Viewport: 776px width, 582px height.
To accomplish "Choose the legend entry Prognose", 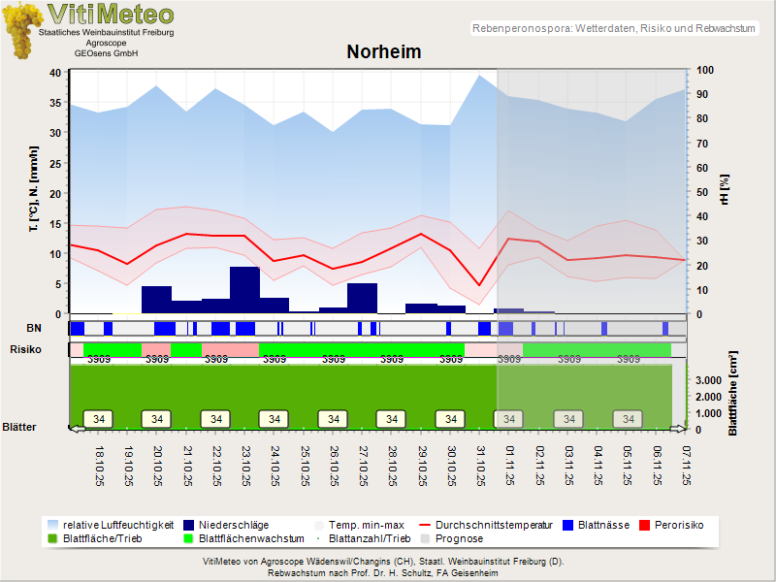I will pyautogui.click(x=459, y=538).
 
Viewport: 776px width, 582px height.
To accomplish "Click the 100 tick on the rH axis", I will pyautogui.click(x=705, y=71).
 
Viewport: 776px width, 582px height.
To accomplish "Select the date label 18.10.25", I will pyautogui.click(x=99, y=466).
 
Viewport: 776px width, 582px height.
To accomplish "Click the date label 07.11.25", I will pyautogui.click(x=686, y=466).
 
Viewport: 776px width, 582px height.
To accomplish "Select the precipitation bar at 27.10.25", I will pyautogui.click(x=362, y=298).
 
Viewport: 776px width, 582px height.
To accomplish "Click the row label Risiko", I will pyautogui.click(x=26, y=348).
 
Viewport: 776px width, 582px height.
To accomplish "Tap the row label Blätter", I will pyautogui.click(x=19, y=426).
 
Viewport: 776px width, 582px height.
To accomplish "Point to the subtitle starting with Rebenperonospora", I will pyautogui.click(x=613, y=29).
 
